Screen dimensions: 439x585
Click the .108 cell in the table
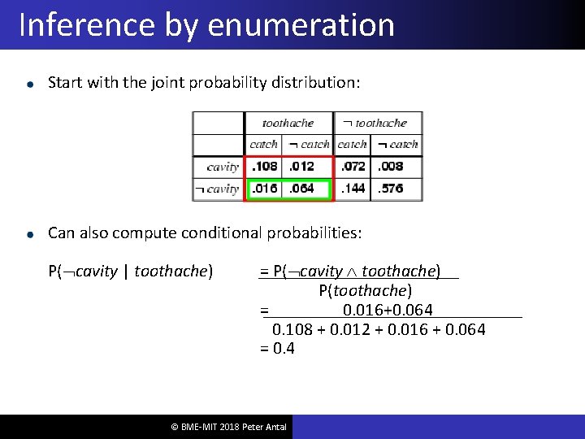[x=264, y=167]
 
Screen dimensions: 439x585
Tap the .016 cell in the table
[x=264, y=189]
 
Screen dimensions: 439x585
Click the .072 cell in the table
[x=353, y=167]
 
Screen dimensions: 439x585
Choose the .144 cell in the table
[x=353, y=189]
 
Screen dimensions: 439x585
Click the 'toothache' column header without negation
[x=288, y=124]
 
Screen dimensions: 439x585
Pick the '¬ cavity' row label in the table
[x=216, y=189]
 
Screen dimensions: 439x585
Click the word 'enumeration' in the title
[x=301, y=25]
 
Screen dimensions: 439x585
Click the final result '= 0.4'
[x=277, y=349]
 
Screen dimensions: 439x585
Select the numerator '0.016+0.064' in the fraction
[x=388, y=310]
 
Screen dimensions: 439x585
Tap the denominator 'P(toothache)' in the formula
[x=366, y=290]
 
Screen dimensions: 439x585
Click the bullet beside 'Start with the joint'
[x=29, y=84]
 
